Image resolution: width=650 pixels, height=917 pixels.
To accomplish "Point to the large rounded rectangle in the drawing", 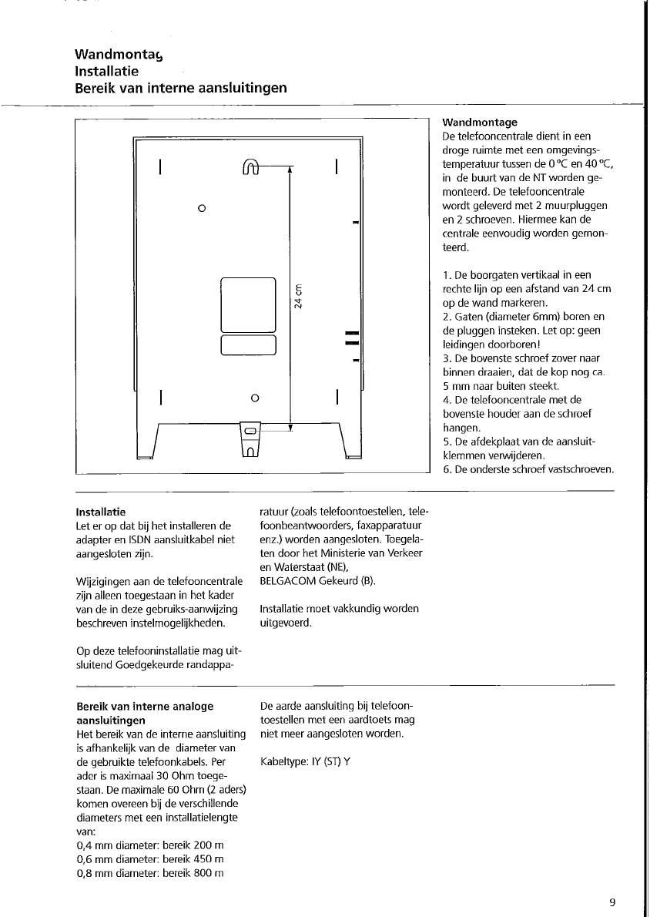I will (248, 304).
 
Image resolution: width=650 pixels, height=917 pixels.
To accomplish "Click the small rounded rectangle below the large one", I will (248, 344).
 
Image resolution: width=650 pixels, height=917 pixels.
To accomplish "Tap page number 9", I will (611, 903).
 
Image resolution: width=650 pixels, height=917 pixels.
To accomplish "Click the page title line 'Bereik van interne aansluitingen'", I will (181, 88).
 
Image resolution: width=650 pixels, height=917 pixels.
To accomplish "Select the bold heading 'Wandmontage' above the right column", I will (480, 122).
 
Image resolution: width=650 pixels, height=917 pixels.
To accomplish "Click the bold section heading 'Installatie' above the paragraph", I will (101, 512).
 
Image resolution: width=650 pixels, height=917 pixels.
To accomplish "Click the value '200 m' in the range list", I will (209, 845).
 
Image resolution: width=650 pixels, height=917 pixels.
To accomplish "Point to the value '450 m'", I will (209, 859).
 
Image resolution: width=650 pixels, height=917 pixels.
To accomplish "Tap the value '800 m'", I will (209, 873).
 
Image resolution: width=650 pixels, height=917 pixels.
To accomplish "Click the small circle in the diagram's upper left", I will (201, 208).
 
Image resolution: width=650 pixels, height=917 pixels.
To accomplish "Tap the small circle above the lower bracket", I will (254, 398).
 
